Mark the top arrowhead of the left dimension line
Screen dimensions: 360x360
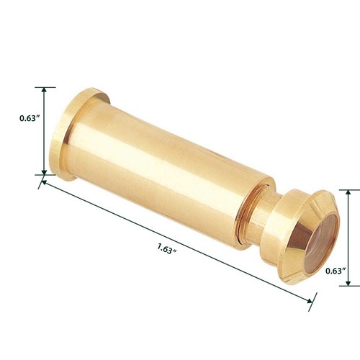click(x=45, y=91)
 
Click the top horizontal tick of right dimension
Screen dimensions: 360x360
click(x=348, y=189)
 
